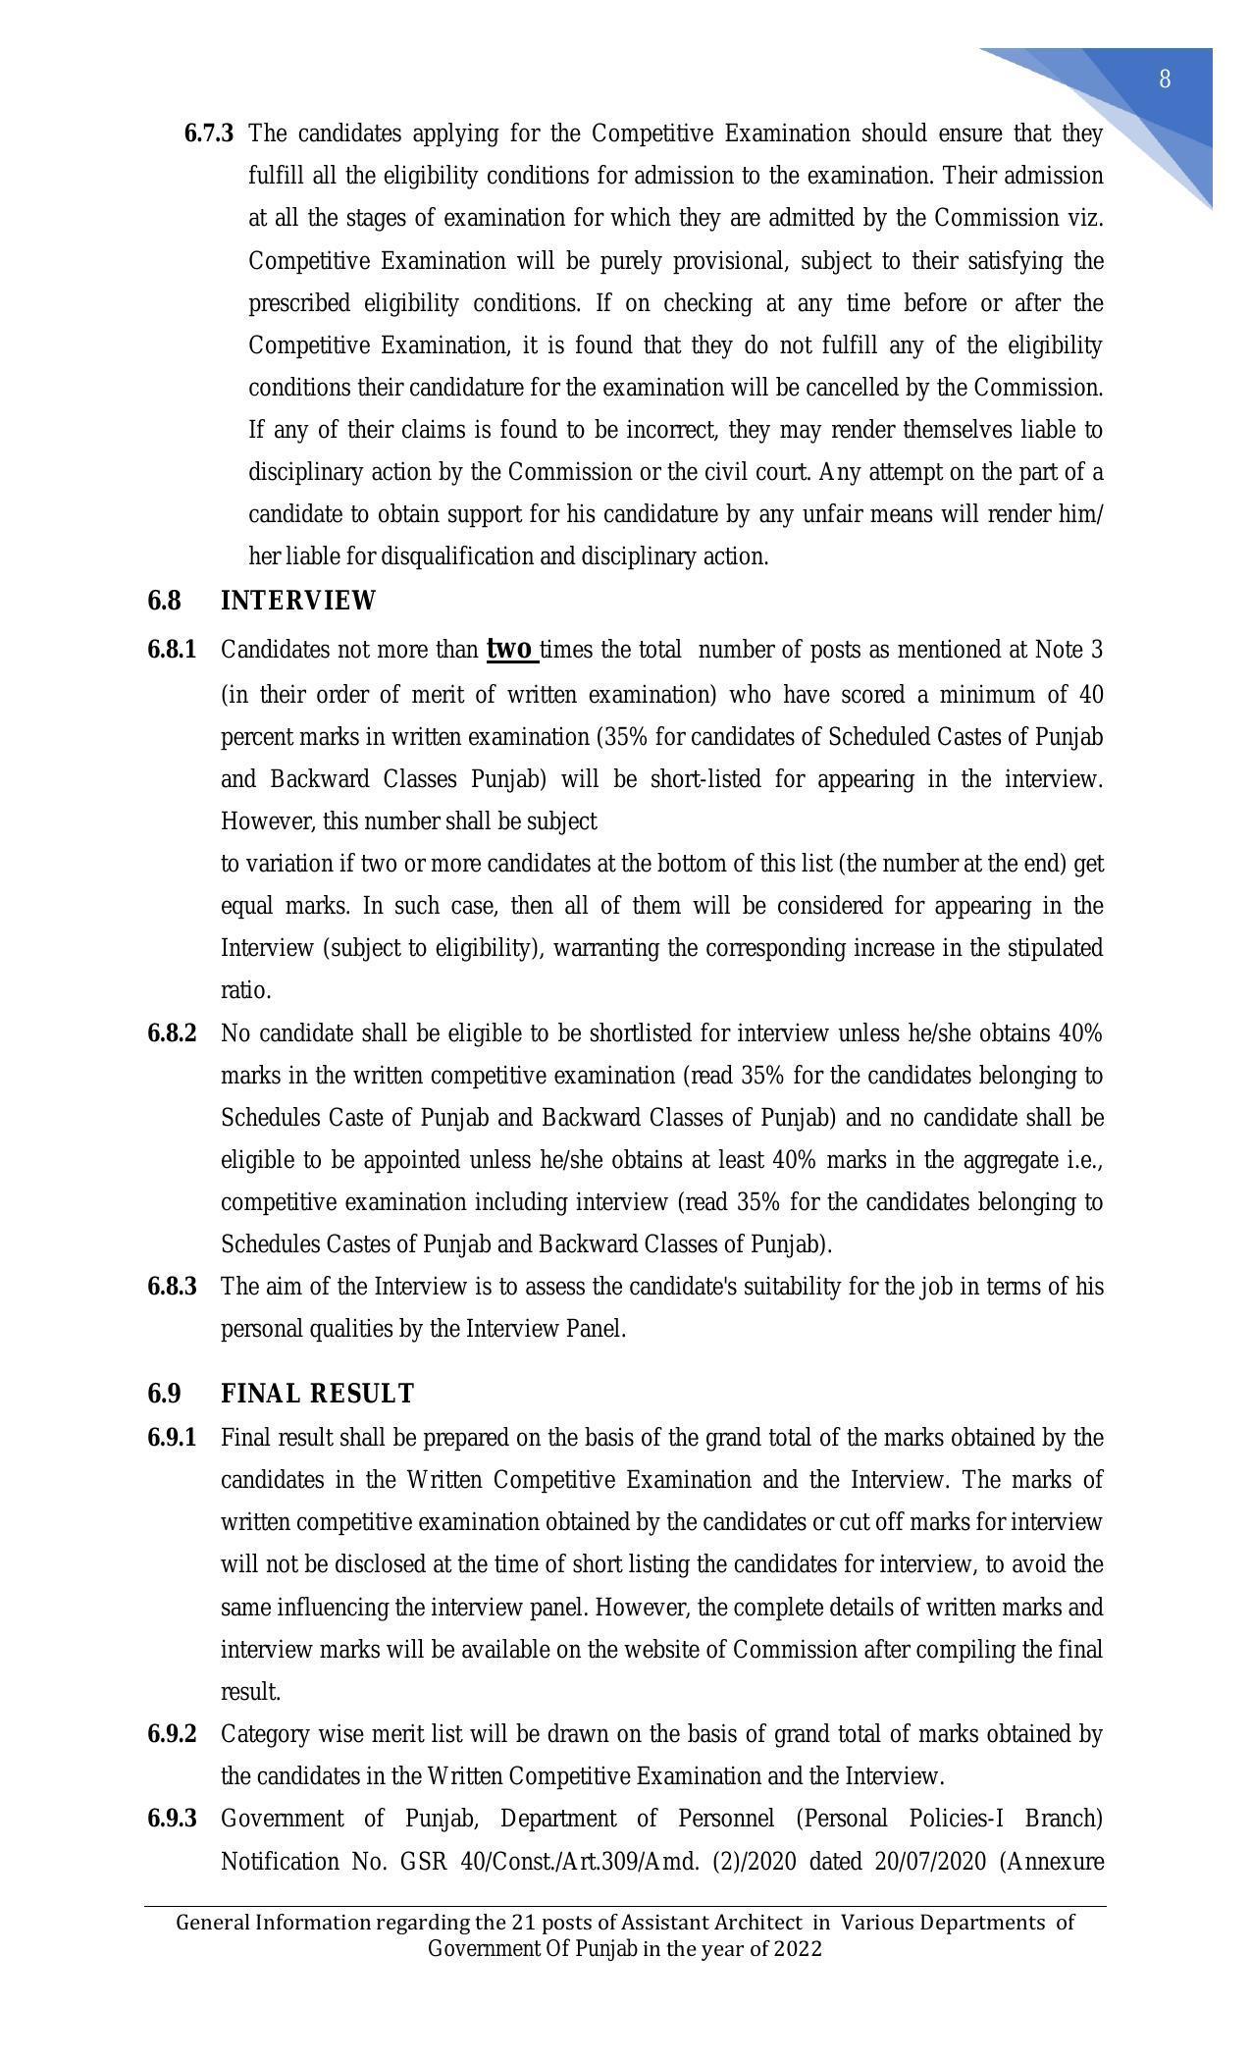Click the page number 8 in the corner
(1165, 79)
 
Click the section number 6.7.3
(208, 133)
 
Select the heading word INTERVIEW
(298, 601)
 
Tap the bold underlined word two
(510, 650)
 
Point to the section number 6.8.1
(172, 651)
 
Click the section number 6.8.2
(172, 1033)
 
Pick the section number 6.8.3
(172, 1287)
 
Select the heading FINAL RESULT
(317, 1394)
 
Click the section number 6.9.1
(172, 1438)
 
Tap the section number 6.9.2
(172, 1734)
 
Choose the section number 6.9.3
(172, 1819)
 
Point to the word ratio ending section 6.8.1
(245, 990)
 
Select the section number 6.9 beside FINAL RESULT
(164, 1394)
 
